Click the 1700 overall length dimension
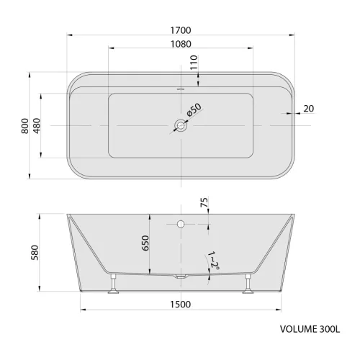(181, 30)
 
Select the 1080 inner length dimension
(181, 43)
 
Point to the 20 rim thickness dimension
(309, 109)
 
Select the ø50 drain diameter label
(194, 112)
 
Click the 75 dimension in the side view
(204, 204)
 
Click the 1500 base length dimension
(181, 305)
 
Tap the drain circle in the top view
(181, 126)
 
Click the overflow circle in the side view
(181, 223)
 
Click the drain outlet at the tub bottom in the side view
(181, 276)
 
